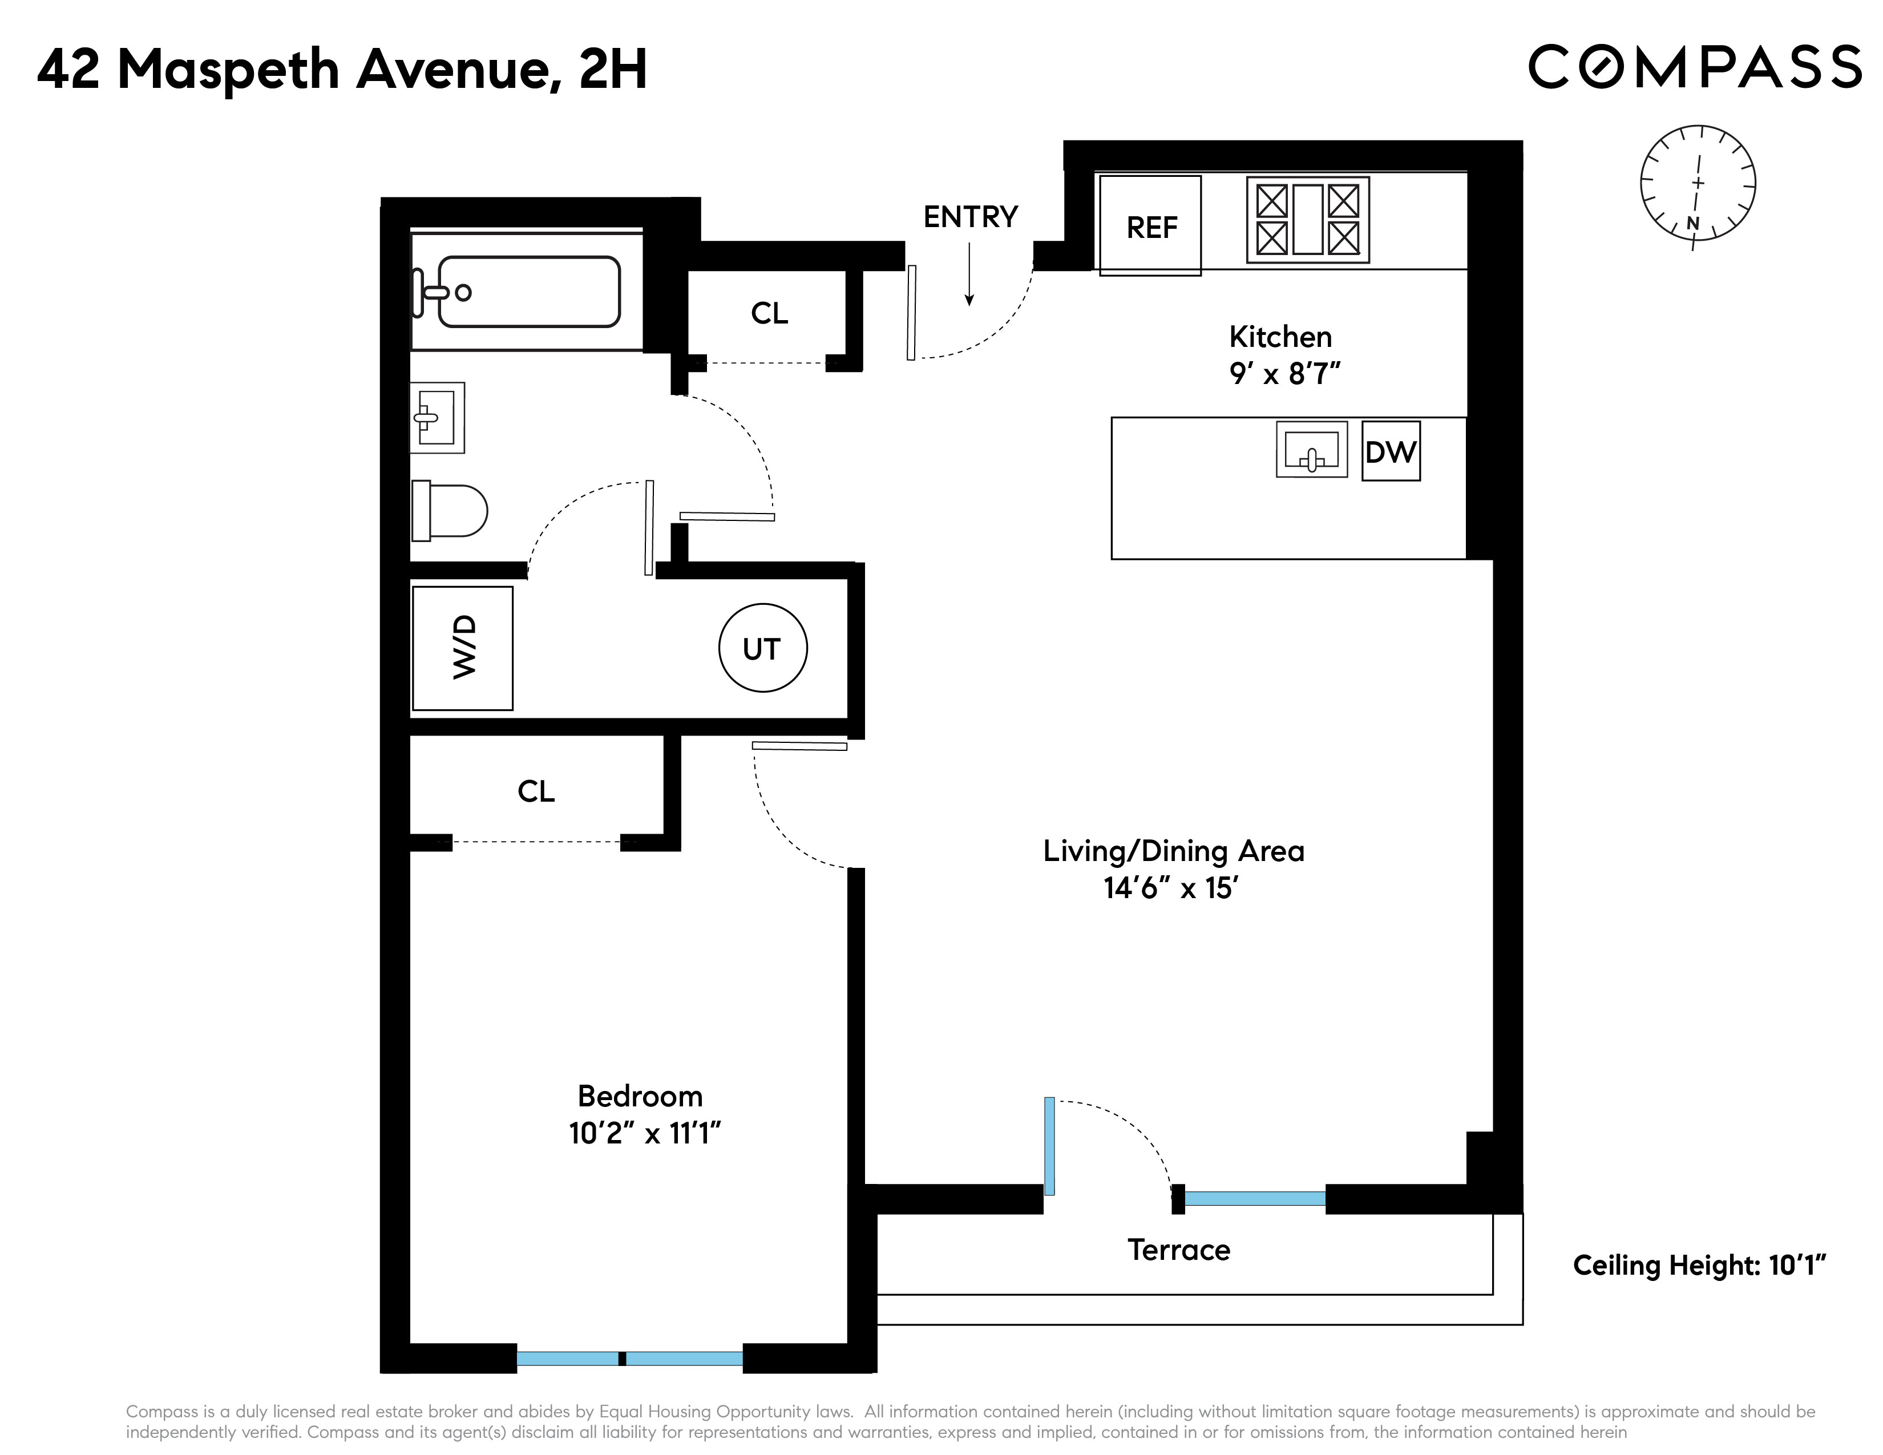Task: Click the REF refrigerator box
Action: pyautogui.click(x=1150, y=226)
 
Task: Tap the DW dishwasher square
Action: pyautogui.click(x=1390, y=451)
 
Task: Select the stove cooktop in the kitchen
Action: pyautogui.click(x=1307, y=220)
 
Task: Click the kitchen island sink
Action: pyautogui.click(x=1311, y=449)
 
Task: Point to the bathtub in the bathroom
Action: pyautogui.click(x=528, y=292)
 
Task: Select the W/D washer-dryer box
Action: pyautogui.click(x=463, y=648)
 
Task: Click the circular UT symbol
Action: pyautogui.click(x=762, y=648)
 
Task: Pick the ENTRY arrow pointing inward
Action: pyautogui.click(x=969, y=274)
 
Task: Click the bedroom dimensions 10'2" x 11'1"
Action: pyautogui.click(x=644, y=1133)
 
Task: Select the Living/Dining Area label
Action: pyautogui.click(x=1173, y=851)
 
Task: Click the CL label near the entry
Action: pyautogui.click(x=769, y=313)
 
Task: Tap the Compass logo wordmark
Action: pyautogui.click(x=1694, y=67)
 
